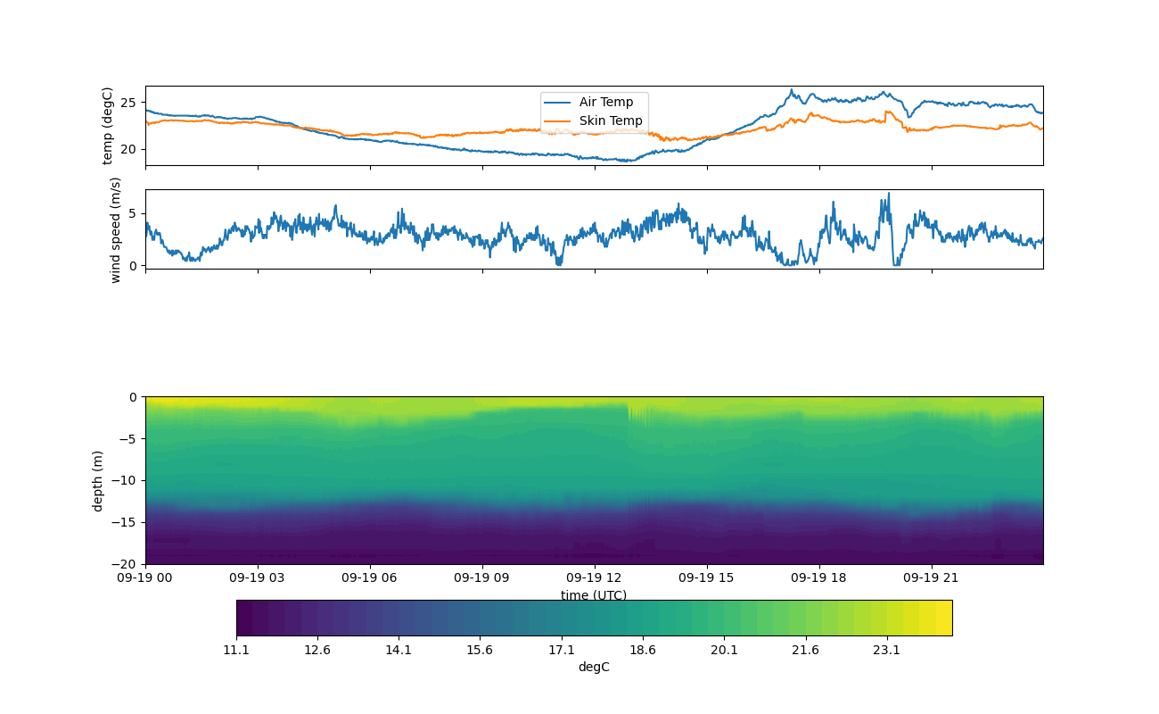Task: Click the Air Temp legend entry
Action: (x=605, y=103)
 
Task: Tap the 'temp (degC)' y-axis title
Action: (x=108, y=126)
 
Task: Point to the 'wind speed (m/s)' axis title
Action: (x=115, y=229)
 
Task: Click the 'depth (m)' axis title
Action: (x=98, y=480)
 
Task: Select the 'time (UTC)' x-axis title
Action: (x=594, y=595)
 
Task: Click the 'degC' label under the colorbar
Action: (x=594, y=667)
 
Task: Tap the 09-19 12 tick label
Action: (x=594, y=577)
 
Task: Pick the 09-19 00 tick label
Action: (x=145, y=577)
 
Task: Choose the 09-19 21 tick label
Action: (x=932, y=577)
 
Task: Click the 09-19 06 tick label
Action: (x=370, y=577)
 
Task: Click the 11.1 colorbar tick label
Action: (x=236, y=650)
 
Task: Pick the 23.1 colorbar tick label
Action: (x=886, y=650)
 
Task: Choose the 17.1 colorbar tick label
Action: (x=562, y=650)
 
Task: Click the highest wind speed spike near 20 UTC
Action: (x=888, y=194)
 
